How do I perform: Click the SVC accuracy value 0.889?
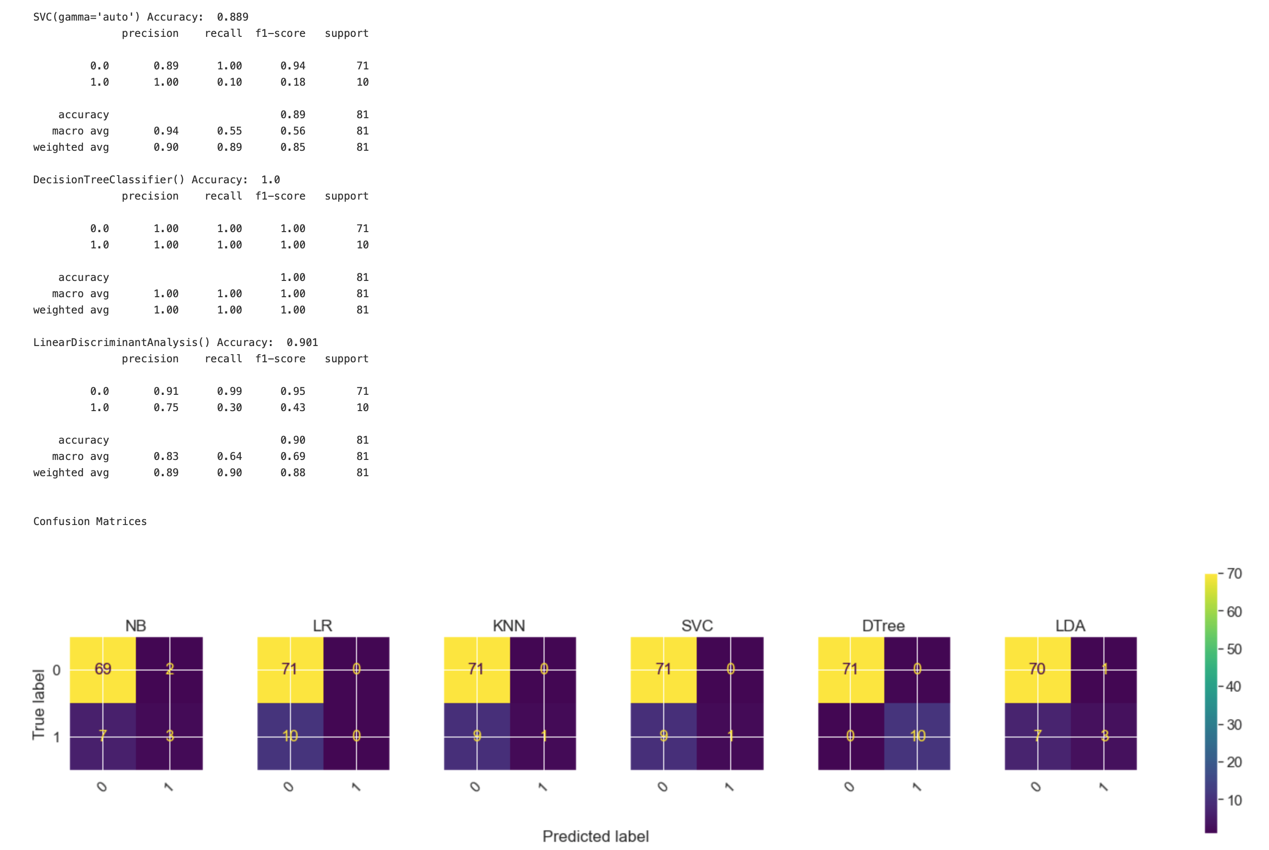233,17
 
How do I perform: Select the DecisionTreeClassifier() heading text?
108,179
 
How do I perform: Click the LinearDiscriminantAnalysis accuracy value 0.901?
302,342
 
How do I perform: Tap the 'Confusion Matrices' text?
90,521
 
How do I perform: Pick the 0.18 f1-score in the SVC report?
292,82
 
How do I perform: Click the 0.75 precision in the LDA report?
166,407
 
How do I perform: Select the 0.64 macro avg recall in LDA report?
229,456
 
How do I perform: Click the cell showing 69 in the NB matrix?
103,669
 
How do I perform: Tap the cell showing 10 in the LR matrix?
290,736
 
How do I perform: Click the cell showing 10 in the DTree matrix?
917,736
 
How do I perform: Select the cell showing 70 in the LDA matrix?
1037,669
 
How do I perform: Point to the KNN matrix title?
509,626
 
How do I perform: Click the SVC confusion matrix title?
697,626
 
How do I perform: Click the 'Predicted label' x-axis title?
595,836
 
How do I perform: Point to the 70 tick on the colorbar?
1234,573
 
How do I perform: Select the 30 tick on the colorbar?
1234,725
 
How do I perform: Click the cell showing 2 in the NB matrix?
169,669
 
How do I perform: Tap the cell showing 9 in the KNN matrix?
477,736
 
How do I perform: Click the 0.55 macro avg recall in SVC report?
229,131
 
